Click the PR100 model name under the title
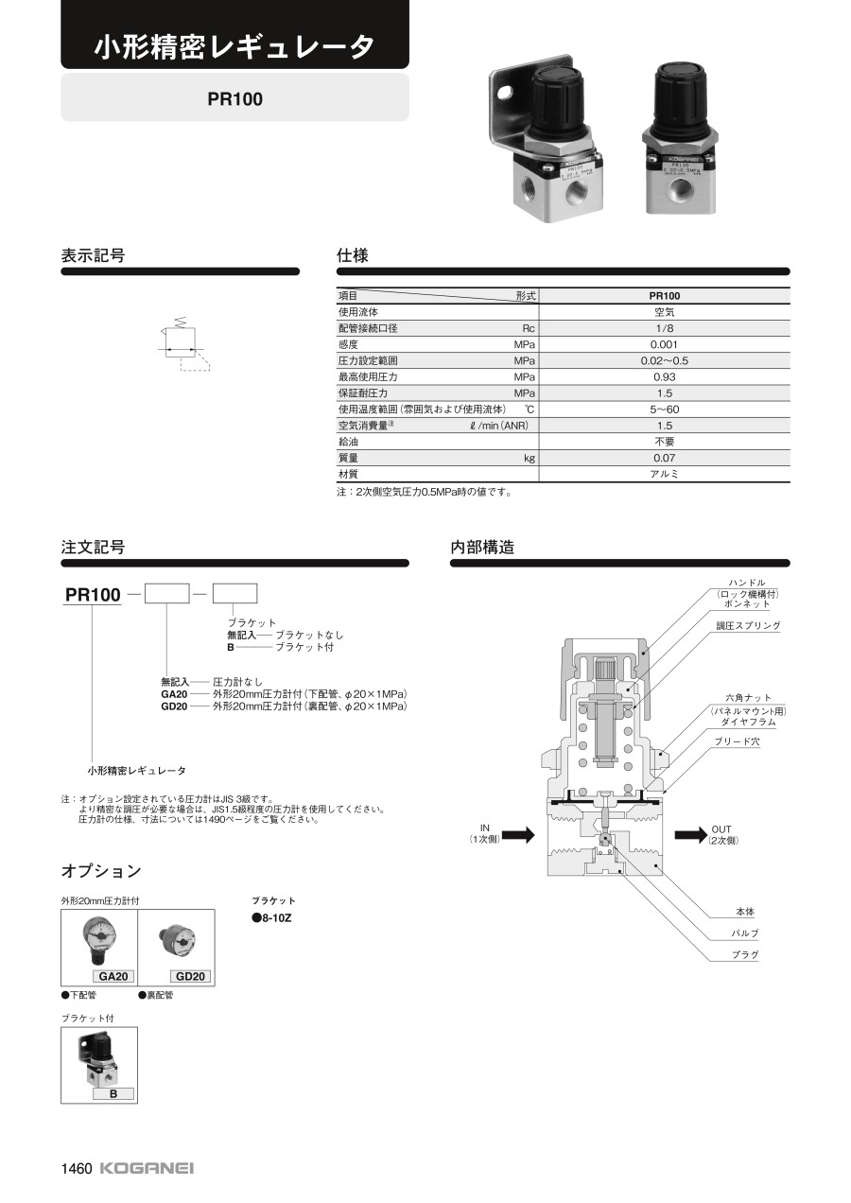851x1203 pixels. click(235, 98)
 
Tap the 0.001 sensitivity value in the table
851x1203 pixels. click(664, 344)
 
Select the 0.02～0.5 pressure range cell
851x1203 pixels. click(664, 360)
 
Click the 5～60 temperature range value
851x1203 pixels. click(664, 410)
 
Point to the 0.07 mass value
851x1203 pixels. click(664, 458)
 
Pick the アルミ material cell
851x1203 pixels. click(664, 474)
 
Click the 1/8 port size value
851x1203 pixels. click(664, 328)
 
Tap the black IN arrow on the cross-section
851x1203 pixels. click(517, 834)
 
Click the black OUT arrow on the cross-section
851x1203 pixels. click(691, 833)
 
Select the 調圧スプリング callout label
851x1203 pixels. click(748, 626)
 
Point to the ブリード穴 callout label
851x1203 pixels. click(737, 742)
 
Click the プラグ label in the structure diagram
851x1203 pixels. click(745, 955)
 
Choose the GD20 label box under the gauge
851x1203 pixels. click(191, 976)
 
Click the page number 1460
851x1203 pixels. click(77, 1168)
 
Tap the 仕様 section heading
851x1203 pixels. click(353, 255)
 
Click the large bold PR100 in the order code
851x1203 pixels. click(93, 595)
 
